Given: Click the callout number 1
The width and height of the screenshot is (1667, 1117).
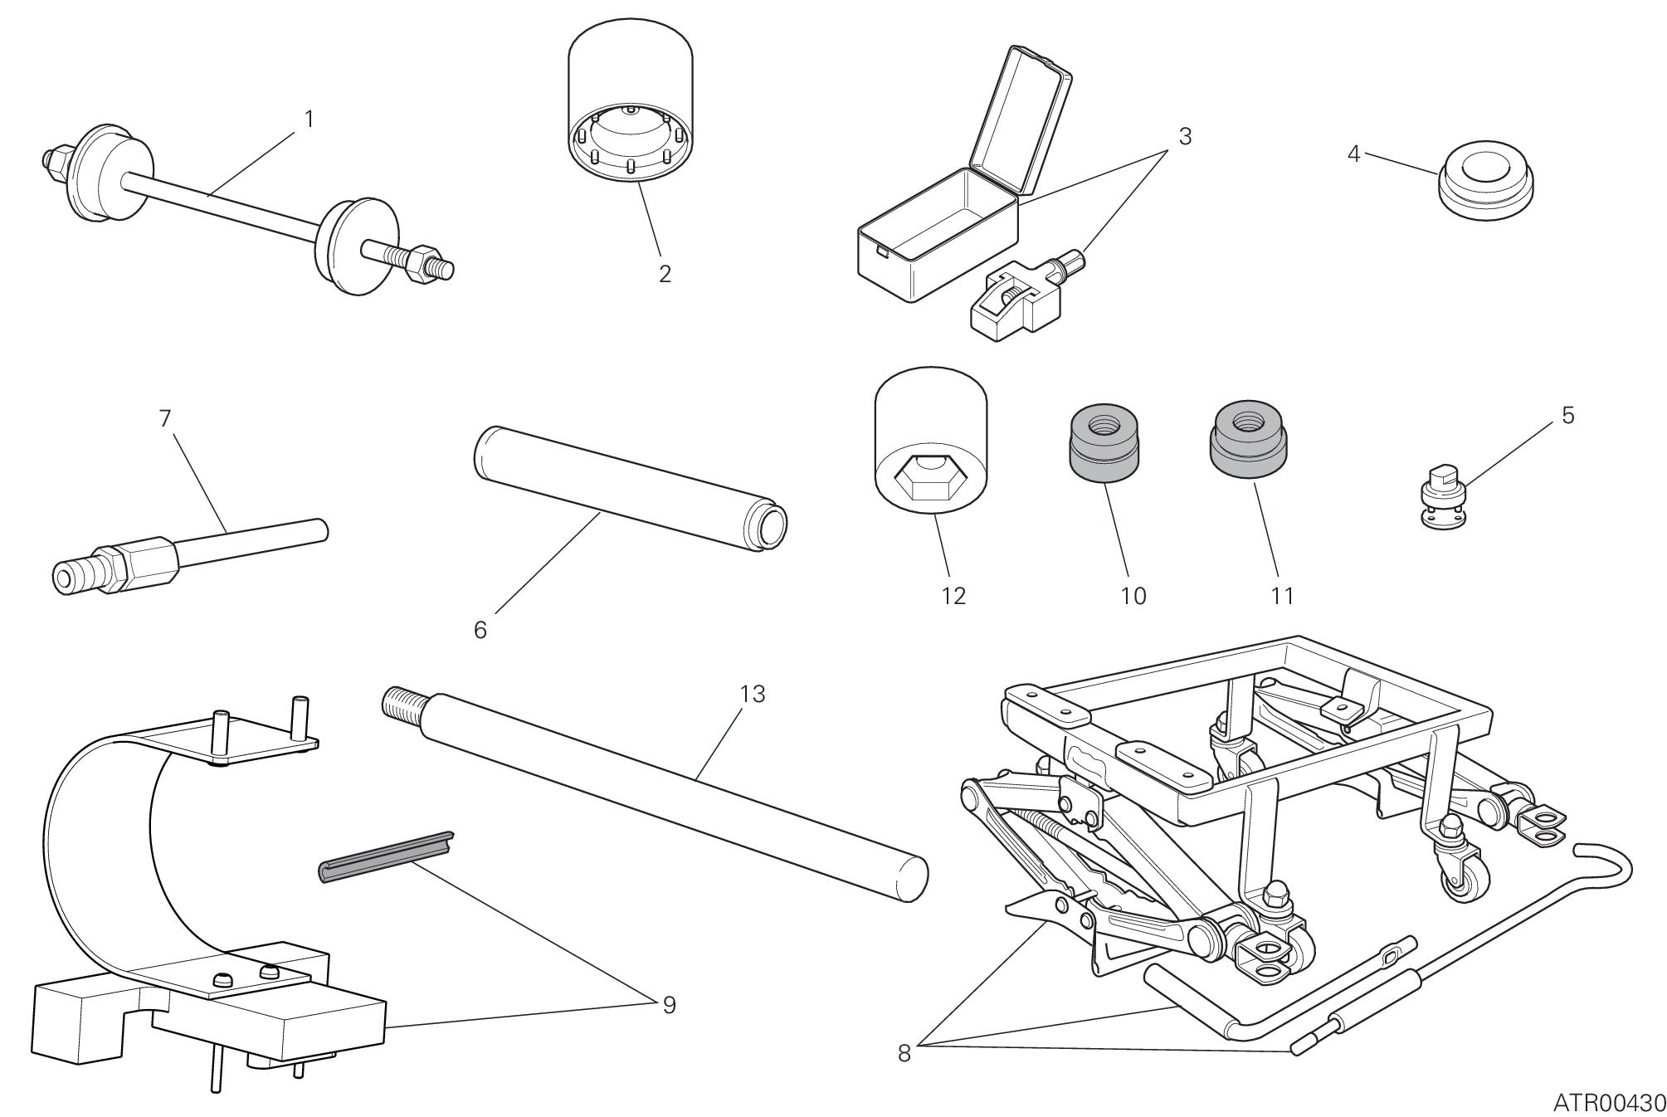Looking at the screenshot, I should coord(309,120).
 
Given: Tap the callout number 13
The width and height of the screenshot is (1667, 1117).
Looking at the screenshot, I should coord(752,694).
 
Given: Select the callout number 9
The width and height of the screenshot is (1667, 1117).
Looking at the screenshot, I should coord(669,1005).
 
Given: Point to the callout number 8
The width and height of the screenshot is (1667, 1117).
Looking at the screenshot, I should coord(904,1053).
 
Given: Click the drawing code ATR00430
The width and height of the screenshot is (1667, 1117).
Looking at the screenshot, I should coord(1609,1102).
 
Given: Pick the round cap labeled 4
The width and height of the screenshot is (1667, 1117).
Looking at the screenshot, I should coord(1485,186).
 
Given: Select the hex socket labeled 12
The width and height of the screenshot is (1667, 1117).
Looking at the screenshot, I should coord(931,448).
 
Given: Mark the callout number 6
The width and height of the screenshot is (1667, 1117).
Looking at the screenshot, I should coord(480,630).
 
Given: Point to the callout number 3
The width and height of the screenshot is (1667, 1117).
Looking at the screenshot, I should coord(1184,137).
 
